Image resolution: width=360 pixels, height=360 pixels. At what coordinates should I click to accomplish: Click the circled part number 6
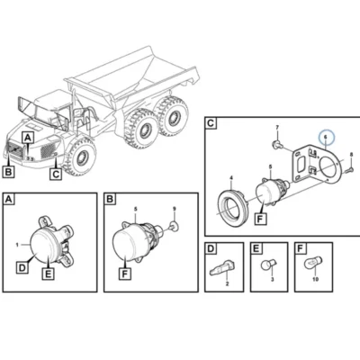[x=325, y=137]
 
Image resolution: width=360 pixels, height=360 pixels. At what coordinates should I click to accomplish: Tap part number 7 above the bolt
[x=277, y=128]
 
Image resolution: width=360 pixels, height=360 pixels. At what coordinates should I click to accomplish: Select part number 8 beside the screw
[x=352, y=155]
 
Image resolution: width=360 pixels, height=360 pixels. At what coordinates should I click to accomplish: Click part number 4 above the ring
[x=231, y=178]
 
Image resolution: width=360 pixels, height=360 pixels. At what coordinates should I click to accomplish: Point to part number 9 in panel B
[x=174, y=208]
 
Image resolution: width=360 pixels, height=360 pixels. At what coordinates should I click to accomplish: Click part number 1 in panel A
[x=17, y=245]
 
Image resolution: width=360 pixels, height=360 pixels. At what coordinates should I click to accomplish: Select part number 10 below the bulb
[x=315, y=279]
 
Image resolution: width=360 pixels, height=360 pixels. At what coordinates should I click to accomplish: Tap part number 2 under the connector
[x=227, y=283]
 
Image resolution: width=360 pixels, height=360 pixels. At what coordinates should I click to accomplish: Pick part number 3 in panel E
[x=273, y=280]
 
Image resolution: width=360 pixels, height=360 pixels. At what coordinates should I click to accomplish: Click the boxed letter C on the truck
[x=56, y=174]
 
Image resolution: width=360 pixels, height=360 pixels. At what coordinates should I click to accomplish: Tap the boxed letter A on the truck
[x=28, y=139]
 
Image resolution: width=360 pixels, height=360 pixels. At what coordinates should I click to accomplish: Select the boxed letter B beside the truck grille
[x=8, y=172]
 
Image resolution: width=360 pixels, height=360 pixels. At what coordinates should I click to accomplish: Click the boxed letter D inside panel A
[x=22, y=267]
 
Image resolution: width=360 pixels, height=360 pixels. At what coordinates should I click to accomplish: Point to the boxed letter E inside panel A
[x=49, y=274]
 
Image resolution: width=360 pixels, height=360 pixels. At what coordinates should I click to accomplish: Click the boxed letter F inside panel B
[x=125, y=274]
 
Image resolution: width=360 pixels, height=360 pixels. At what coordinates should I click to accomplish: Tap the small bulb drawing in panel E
[x=267, y=265]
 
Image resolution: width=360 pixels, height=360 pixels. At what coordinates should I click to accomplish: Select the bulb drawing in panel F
[x=312, y=263]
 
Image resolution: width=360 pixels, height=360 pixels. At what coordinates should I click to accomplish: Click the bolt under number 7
[x=277, y=144]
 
